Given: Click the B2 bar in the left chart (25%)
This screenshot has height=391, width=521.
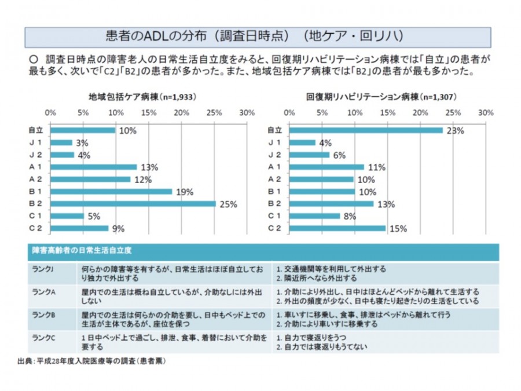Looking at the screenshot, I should pos(133,204).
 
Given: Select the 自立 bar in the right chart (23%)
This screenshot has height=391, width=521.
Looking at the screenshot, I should pos(365,130).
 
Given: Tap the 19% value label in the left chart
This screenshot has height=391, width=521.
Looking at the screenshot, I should pos(185,192).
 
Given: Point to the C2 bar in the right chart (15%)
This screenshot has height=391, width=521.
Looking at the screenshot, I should pos(337,228).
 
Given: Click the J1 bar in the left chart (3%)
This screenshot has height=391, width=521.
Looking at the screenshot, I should pos(61,142).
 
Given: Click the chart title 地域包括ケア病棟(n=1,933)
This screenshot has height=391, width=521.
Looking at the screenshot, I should pos(142,97).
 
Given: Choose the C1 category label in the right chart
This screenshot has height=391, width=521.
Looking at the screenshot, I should pos(274,216).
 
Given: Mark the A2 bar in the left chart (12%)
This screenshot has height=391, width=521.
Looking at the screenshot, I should pos(90,179).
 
